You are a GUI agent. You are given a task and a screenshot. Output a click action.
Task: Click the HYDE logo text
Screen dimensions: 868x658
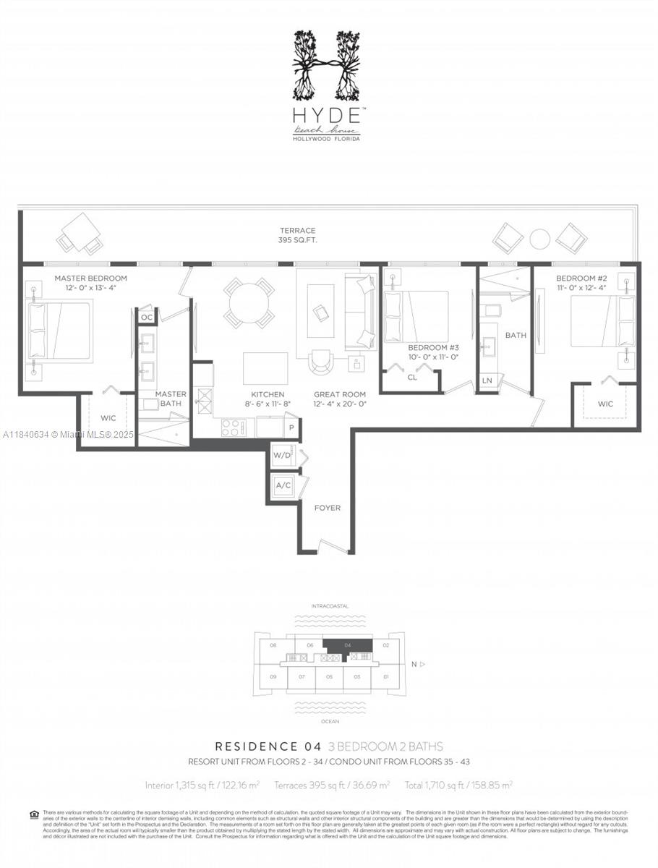click(x=326, y=115)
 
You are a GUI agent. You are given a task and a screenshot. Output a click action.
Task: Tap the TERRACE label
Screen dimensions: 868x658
click(x=298, y=231)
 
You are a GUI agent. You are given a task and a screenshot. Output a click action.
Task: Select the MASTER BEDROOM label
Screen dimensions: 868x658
click(x=90, y=278)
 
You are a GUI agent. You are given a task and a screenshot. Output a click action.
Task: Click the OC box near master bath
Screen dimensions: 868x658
click(x=147, y=317)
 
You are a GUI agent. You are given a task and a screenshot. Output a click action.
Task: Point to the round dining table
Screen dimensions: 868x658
click(x=248, y=303)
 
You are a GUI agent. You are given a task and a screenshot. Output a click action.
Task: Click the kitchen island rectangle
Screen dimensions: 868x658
click(x=265, y=368)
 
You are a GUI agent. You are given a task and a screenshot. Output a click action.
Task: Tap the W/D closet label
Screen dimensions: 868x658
click(x=282, y=456)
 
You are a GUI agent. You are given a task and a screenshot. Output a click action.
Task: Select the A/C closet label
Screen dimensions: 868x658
click(x=283, y=485)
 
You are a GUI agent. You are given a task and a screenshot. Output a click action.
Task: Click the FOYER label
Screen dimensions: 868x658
click(x=327, y=509)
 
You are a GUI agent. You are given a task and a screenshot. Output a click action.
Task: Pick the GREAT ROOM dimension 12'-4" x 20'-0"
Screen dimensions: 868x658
click(x=339, y=404)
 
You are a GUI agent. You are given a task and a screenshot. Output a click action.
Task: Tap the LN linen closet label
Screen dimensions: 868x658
click(x=487, y=380)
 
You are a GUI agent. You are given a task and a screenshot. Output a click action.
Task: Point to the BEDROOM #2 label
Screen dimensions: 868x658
click(x=580, y=278)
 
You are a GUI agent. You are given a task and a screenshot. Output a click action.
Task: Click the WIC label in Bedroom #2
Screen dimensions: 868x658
click(x=605, y=404)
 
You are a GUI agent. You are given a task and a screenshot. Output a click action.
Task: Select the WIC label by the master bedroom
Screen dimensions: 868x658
click(x=108, y=418)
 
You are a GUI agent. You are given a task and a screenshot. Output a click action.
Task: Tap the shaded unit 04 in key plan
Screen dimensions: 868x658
click(x=349, y=646)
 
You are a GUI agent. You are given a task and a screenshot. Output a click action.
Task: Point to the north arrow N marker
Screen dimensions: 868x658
click(x=415, y=663)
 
